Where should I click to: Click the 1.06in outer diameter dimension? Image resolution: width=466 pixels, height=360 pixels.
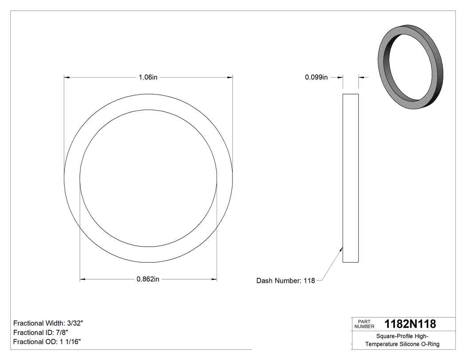[x=148, y=77]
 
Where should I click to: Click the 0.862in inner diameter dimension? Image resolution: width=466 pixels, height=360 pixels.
[x=148, y=279]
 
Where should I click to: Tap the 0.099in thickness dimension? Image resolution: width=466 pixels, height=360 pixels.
[x=316, y=77]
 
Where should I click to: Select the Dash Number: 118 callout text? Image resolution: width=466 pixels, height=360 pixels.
[x=285, y=281]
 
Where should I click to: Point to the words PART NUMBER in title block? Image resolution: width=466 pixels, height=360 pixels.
[x=364, y=324]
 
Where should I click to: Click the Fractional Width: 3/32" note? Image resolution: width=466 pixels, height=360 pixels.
[x=48, y=323]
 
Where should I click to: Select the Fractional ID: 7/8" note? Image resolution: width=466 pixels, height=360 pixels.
[x=41, y=332]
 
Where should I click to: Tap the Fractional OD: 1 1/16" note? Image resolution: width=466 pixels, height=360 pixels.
[x=47, y=342]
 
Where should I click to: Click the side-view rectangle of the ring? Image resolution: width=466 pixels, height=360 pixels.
[x=351, y=178]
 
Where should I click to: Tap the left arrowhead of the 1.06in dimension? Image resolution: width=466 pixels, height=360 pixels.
[x=67, y=77]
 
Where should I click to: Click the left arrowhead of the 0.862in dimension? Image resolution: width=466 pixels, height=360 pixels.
[x=83, y=279]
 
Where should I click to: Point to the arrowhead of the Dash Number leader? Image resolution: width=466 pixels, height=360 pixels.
[x=341, y=249]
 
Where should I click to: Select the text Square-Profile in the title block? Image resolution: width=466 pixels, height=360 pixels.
[x=392, y=336]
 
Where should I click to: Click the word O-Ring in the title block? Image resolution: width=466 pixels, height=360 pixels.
[x=430, y=344]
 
